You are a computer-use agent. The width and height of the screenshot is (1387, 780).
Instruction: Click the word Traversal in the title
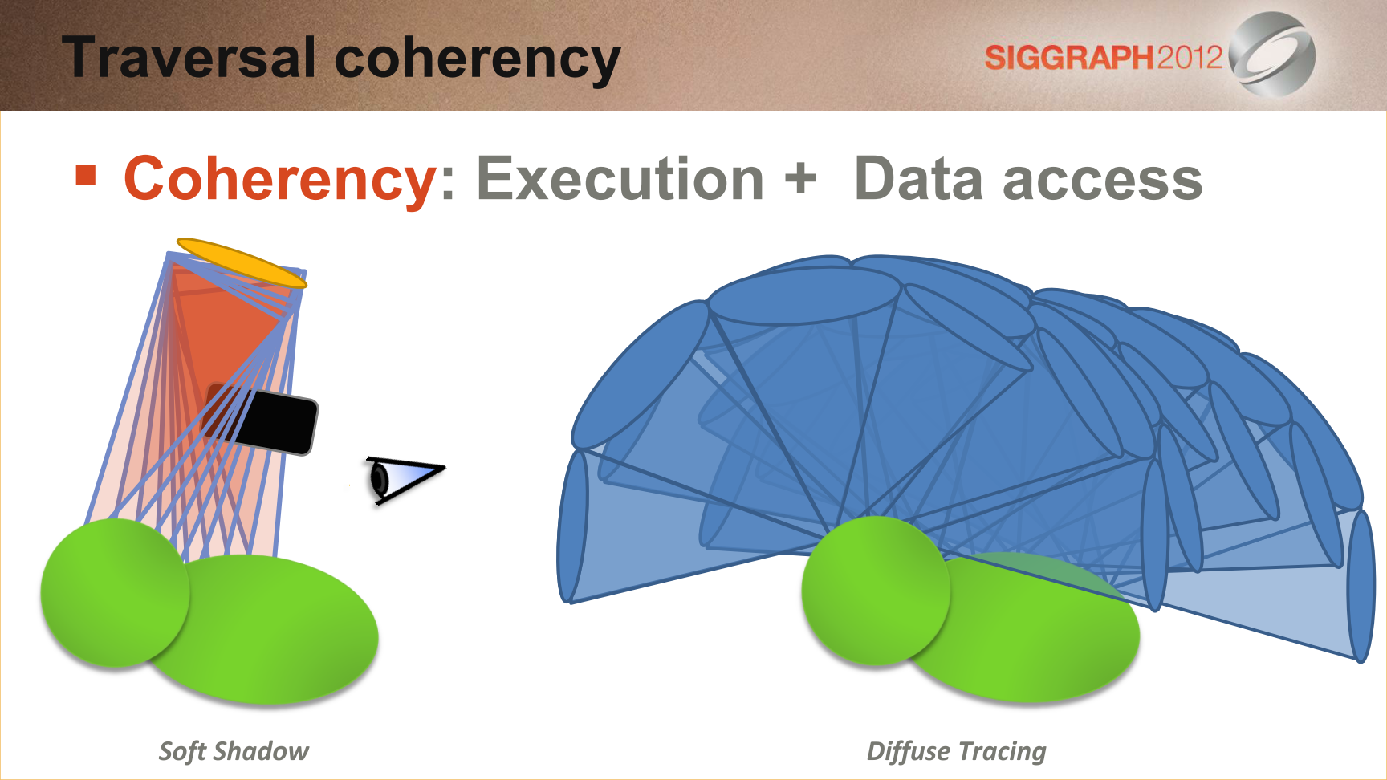tap(190, 58)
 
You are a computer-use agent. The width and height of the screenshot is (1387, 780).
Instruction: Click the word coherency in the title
tap(478, 61)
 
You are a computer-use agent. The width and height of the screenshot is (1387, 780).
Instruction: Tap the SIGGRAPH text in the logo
tap(1069, 58)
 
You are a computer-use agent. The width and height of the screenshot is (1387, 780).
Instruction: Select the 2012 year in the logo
tap(1189, 58)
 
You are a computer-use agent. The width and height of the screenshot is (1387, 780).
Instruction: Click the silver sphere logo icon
tap(1272, 55)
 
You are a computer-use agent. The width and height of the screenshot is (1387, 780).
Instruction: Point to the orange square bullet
tap(86, 175)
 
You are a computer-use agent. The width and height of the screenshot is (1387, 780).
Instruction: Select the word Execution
tap(620, 179)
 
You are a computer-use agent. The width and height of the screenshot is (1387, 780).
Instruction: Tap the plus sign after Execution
tap(800, 178)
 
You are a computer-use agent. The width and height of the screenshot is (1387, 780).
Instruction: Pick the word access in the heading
tap(1103, 182)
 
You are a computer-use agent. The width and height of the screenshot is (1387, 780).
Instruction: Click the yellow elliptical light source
tap(242, 262)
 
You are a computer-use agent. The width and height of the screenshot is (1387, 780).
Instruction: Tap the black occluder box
tap(262, 418)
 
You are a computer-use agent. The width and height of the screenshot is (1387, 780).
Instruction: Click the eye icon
tap(405, 479)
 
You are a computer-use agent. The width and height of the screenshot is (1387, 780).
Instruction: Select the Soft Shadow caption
tap(234, 751)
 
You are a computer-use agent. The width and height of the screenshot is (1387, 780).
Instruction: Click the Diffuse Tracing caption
tap(956, 751)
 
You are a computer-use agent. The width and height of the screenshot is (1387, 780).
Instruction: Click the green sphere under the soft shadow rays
tap(115, 592)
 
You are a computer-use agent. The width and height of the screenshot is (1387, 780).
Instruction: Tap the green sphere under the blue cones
tap(876, 591)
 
